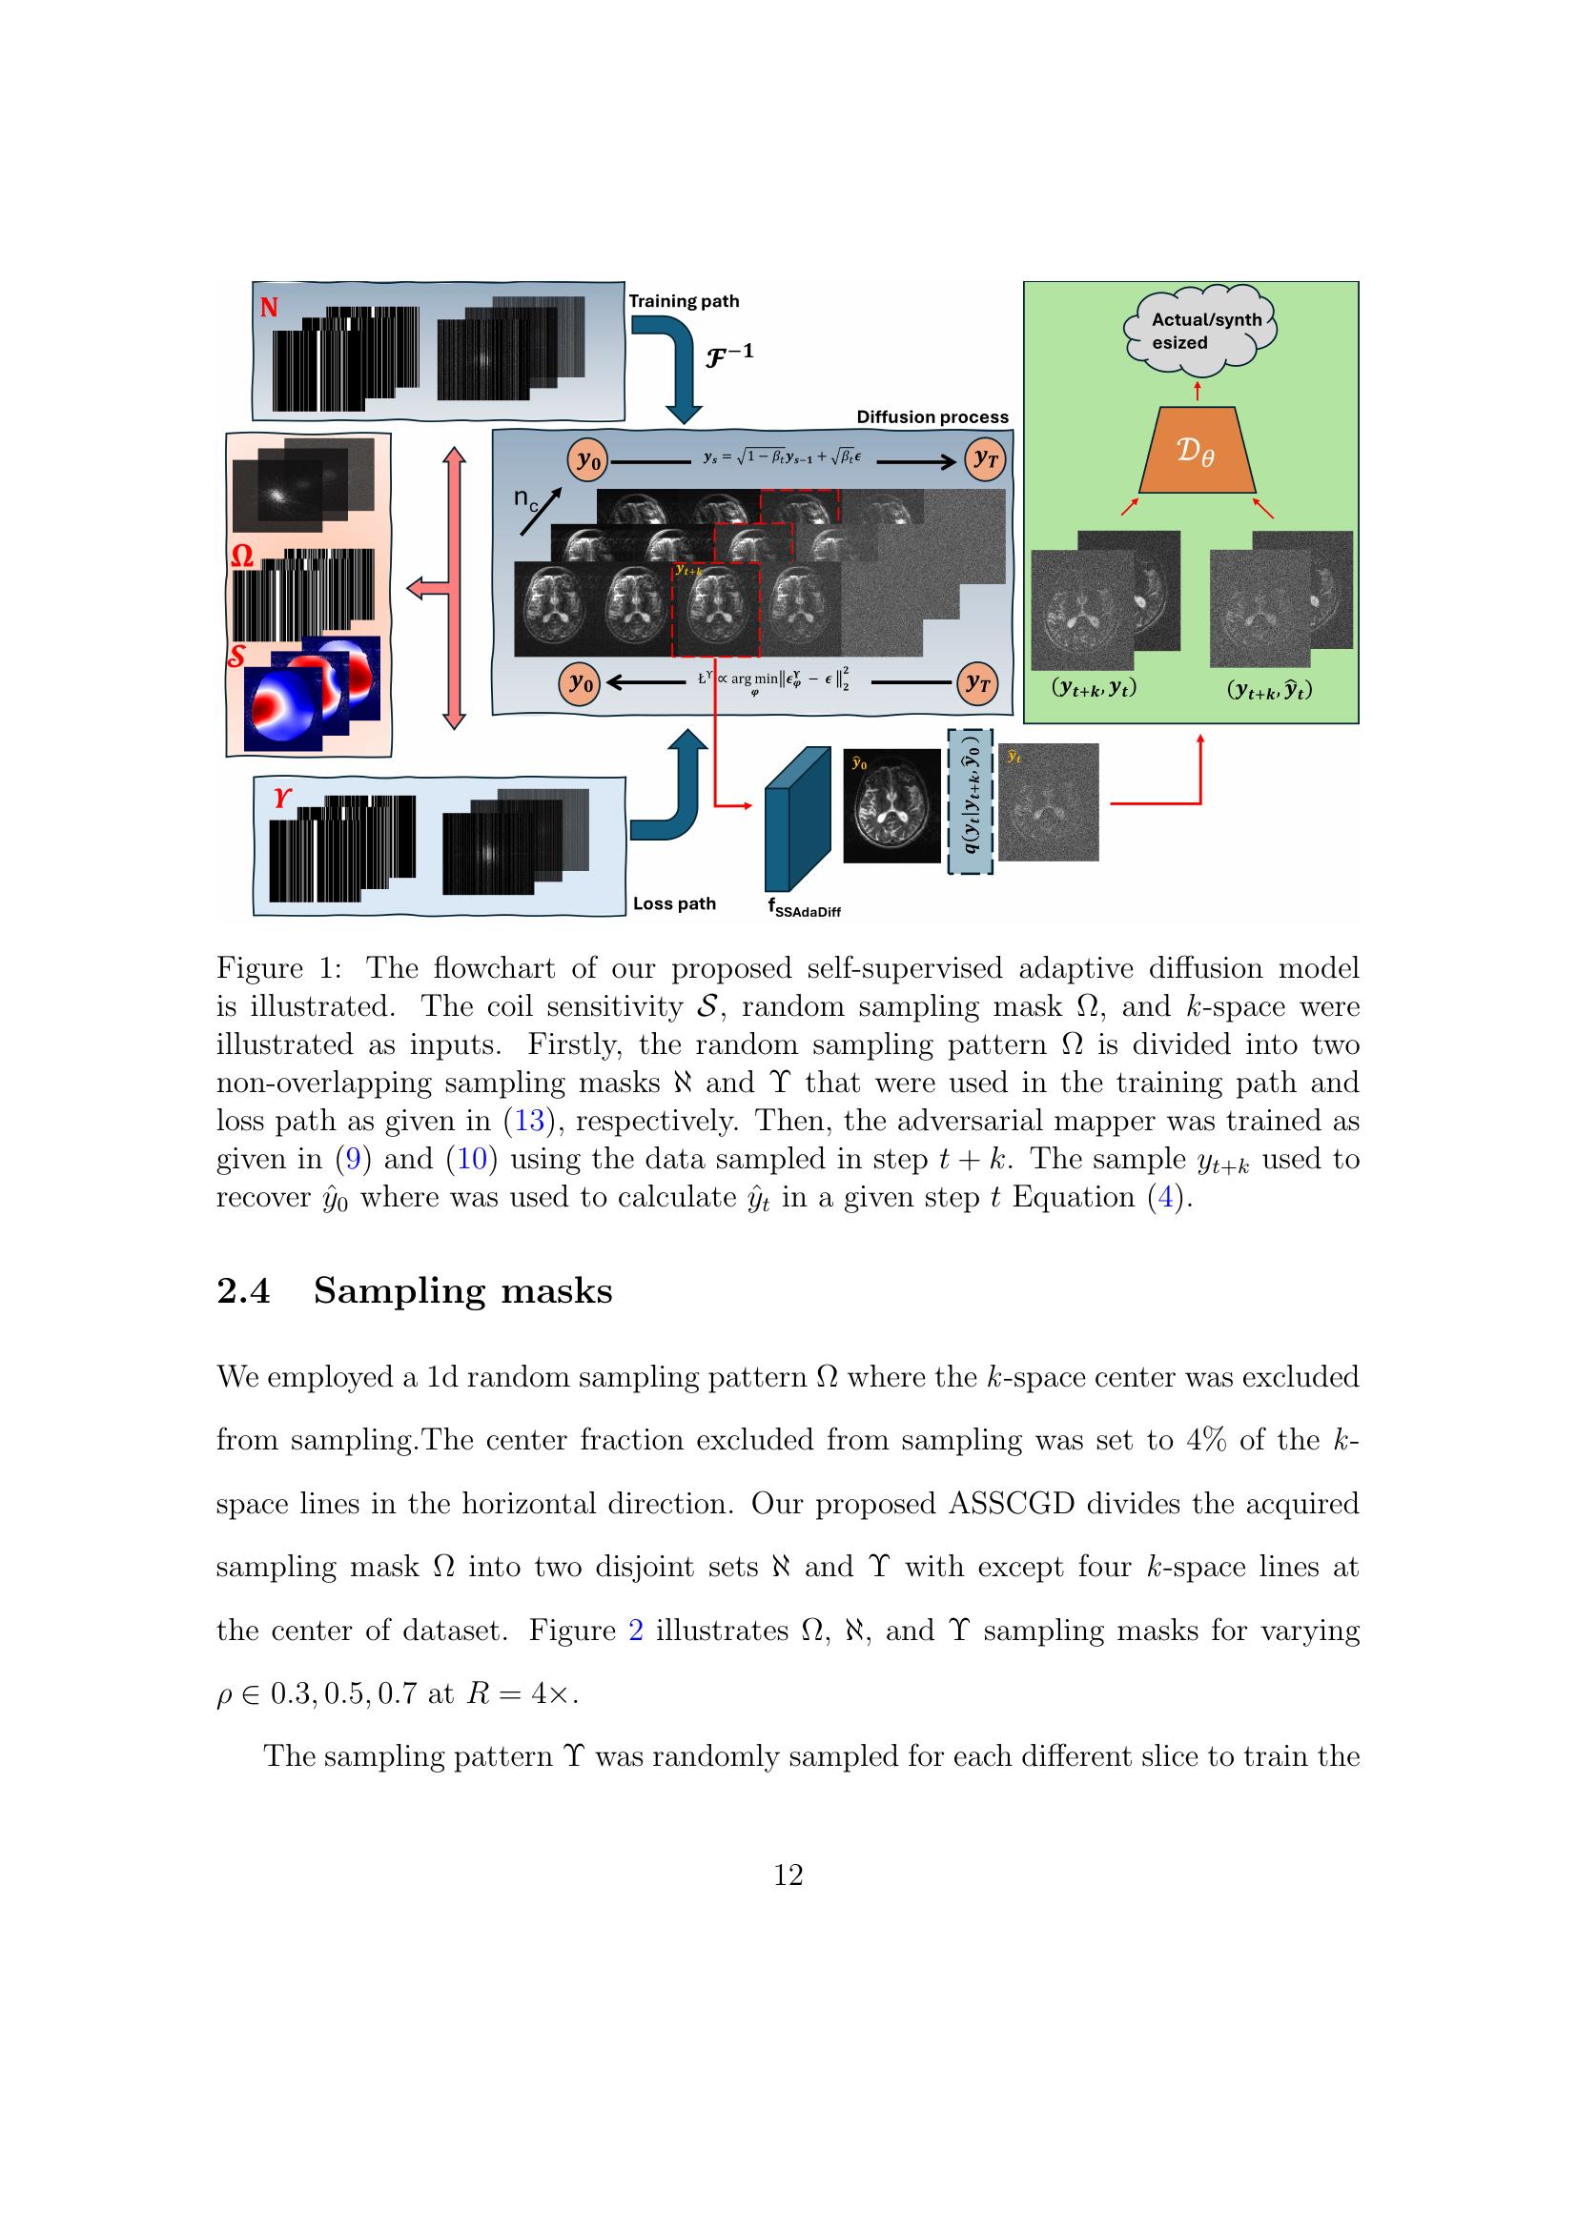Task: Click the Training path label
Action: pos(684,301)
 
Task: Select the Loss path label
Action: pos(674,903)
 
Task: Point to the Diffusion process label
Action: pos(932,416)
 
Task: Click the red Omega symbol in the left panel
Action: pos(243,557)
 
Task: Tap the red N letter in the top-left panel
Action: pos(269,308)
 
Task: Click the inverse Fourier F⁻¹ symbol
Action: pos(728,354)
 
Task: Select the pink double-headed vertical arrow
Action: pos(454,587)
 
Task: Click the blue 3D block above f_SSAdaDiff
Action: pos(797,816)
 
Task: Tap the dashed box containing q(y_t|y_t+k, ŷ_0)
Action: pos(970,801)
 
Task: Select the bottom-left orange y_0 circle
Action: pos(580,682)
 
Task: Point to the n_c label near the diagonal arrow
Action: pos(525,501)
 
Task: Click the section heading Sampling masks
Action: pos(462,1290)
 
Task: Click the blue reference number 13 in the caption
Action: pos(528,1121)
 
